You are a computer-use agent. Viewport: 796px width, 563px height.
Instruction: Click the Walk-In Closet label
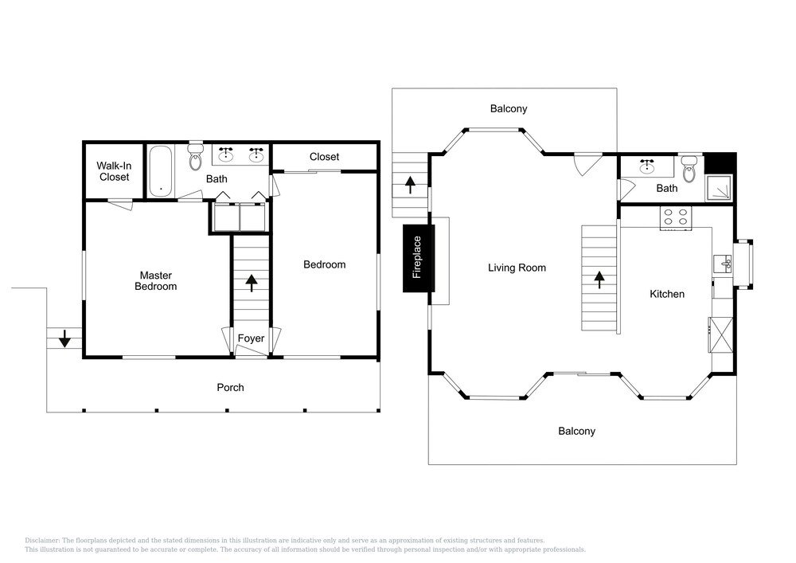(x=114, y=171)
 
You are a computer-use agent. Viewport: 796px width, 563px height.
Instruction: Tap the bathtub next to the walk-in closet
(x=161, y=170)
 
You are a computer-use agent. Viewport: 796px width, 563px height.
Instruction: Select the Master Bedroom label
(x=155, y=280)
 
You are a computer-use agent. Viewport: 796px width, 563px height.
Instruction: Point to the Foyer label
(x=251, y=338)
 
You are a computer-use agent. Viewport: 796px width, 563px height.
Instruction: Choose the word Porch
(x=230, y=388)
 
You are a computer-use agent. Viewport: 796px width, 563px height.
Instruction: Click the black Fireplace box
(x=416, y=258)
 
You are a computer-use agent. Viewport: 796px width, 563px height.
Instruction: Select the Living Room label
(x=517, y=268)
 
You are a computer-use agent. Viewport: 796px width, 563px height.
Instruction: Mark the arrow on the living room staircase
(x=598, y=280)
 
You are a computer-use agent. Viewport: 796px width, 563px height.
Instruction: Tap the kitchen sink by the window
(x=724, y=263)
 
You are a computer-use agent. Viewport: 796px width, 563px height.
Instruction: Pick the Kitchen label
(x=666, y=294)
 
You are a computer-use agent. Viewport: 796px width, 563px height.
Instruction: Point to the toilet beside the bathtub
(x=195, y=158)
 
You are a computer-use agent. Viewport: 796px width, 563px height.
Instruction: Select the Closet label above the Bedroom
(x=324, y=157)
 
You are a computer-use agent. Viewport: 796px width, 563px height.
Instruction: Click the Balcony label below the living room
(x=576, y=431)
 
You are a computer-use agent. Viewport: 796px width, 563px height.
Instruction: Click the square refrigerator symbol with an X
(x=719, y=334)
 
